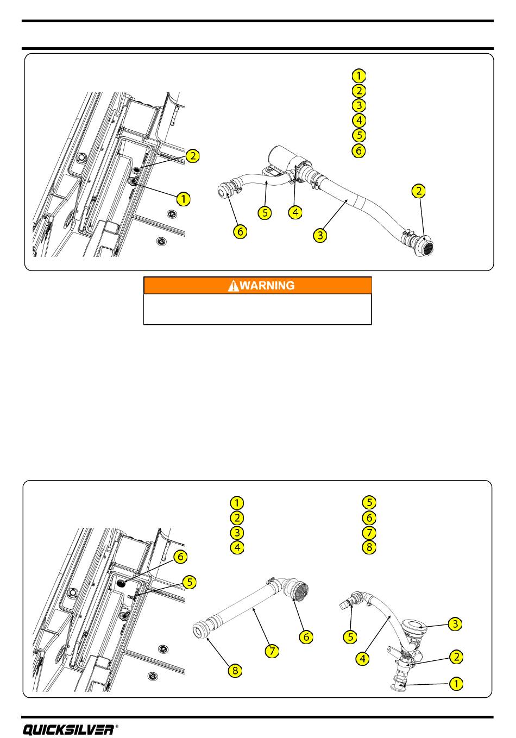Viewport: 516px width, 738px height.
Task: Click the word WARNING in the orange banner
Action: click(267, 286)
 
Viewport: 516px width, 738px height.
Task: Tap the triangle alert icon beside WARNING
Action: click(234, 286)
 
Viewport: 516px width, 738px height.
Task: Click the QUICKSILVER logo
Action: click(68, 729)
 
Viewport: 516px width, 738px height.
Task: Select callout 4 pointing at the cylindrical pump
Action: click(295, 212)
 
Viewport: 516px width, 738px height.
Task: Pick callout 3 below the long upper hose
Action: click(321, 235)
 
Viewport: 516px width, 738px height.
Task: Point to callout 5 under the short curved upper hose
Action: click(265, 212)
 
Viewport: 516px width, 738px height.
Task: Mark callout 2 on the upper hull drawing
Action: click(192, 156)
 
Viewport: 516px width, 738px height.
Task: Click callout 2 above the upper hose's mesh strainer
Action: click(419, 191)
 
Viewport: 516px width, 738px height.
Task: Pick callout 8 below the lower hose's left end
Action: click(234, 671)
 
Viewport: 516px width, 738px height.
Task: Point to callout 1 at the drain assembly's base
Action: click(455, 684)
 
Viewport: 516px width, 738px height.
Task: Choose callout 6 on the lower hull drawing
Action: click(180, 557)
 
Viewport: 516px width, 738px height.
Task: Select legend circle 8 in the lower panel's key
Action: click(369, 547)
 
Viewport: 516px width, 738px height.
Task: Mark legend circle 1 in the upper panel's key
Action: click(358, 75)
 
